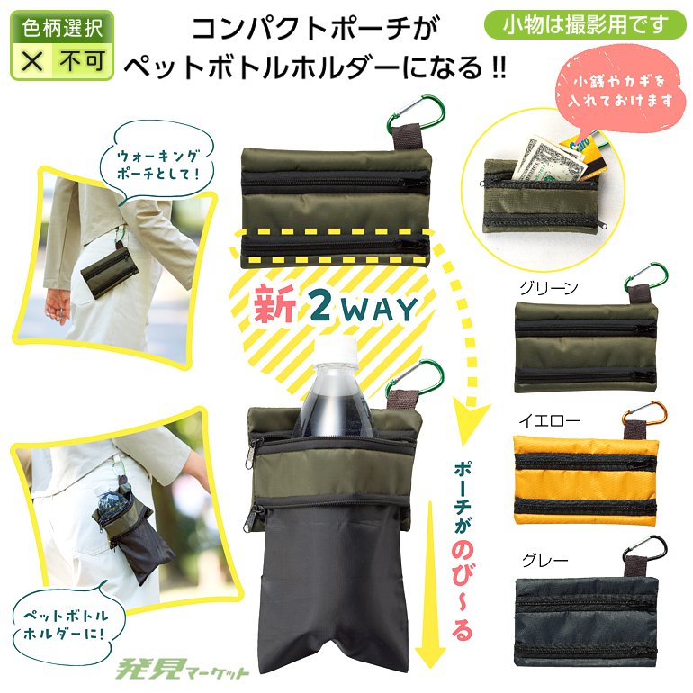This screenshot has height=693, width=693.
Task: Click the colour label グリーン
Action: (549, 288)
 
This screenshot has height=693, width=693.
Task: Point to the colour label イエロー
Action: (549, 420)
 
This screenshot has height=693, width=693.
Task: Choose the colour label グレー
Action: (544, 561)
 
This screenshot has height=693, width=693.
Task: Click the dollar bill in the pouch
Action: (547, 160)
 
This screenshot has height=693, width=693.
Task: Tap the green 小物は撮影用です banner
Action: (586, 24)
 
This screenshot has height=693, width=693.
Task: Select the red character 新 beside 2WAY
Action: (274, 304)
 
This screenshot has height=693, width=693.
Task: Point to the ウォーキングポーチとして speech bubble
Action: (157, 163)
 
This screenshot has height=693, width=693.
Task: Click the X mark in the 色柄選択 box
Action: (32, 61)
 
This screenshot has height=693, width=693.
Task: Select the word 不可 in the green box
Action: (82, 61)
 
